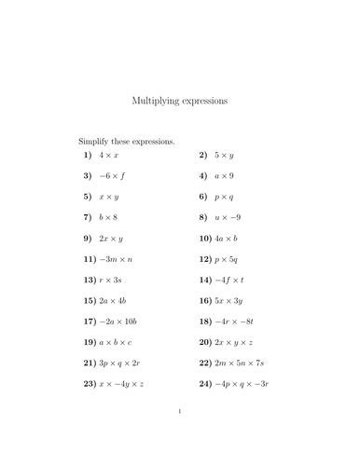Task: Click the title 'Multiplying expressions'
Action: point(179,99)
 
